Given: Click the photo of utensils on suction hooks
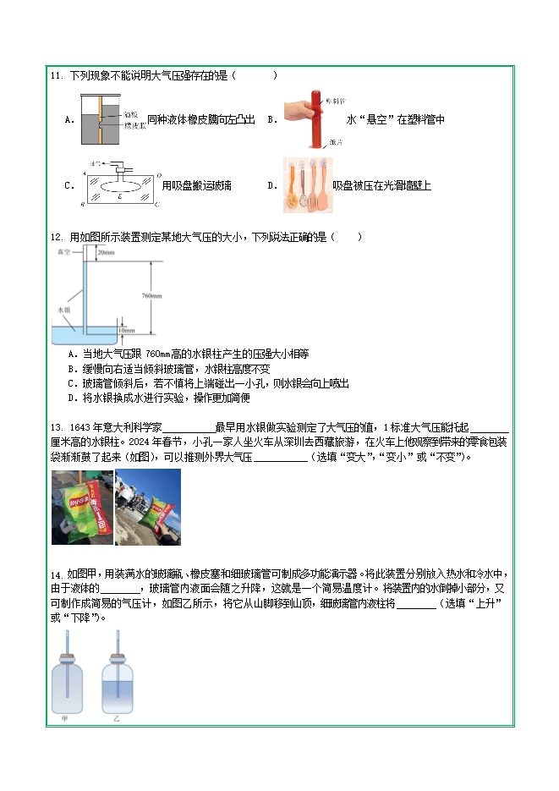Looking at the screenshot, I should pyautogui.click(x=307, y=185).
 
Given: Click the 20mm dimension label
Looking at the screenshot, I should pyautogui.click(x=106, y=253).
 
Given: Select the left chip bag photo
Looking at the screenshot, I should pyautogui.click(x=82, y=508).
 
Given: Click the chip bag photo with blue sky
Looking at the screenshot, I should pyautogui.click(x=148, y=508).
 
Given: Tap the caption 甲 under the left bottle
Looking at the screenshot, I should pyautogui.click(x=64, y=719).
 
